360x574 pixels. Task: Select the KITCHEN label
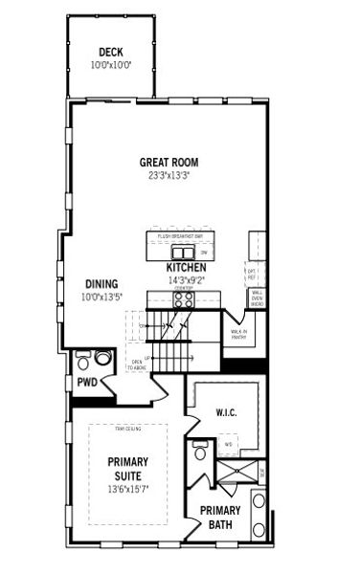188,268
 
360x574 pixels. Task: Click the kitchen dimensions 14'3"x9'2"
188,281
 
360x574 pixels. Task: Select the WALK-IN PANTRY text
238,334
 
